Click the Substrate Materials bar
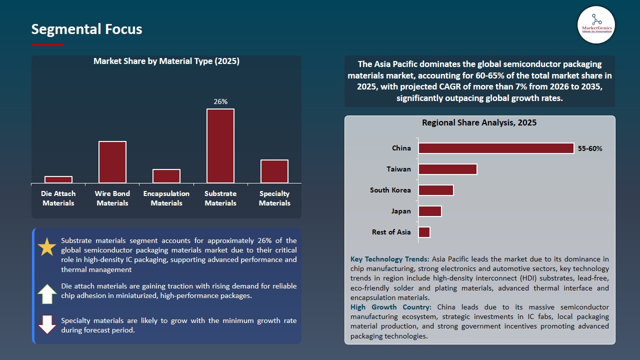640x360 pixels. tap(220, 145)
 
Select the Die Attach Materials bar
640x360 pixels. tap(58, 179)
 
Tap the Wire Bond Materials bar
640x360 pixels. tap(112, 162)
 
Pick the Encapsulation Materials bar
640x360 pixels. tap(166, 176)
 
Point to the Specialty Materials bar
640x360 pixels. tap(274, 171)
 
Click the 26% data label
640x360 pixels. tap(220, 101)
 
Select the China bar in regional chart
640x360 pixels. tap(496, 148)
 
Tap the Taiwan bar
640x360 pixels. tap(447, 169)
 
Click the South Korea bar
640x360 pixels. tap(436, 190)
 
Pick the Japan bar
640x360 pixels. tap(430, 211)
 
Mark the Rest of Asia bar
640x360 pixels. tap(424, 232)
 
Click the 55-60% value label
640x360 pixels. tap(590, 148)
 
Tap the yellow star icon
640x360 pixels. tap(47, 247)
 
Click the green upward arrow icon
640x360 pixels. tap(47, 294)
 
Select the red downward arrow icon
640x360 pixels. tap(47, 324)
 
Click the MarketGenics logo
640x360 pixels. tap(596, 24)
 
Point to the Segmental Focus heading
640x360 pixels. tap(86, 29)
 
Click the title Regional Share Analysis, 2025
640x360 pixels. tap(479, 122)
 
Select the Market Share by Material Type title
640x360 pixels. tap(166, 61)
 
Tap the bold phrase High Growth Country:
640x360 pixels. tap(392, 307)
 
